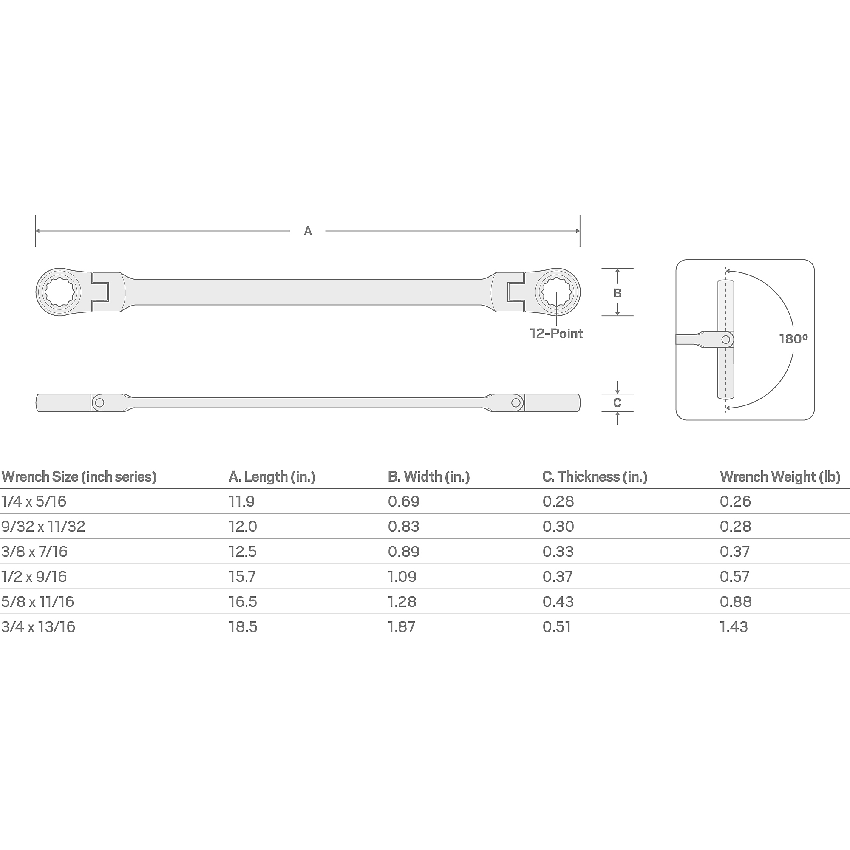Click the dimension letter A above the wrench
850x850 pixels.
pos(308,230)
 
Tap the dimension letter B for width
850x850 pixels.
pos(617,293)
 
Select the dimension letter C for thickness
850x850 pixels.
pos(617,402)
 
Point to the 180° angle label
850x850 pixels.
pos(793,339)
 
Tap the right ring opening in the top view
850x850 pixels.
pos(557,292)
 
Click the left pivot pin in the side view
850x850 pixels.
pos(100,402)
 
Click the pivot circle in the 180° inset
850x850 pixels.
pos(725,340)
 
